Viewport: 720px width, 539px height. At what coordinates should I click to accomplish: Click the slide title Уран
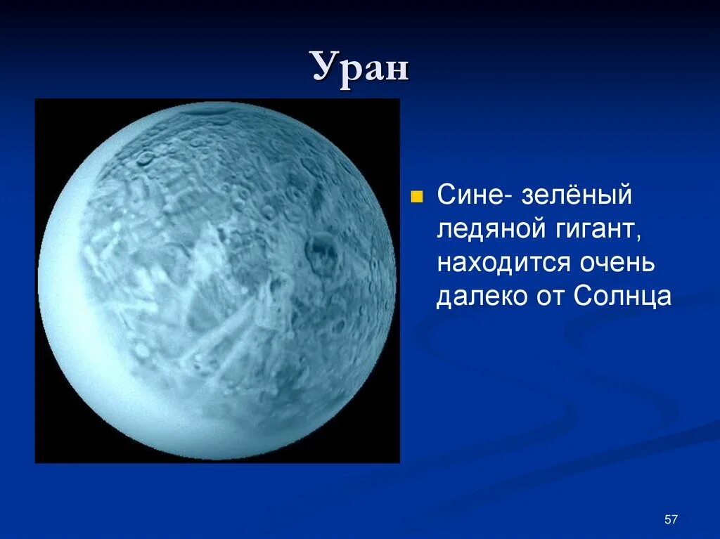click(x=361, y=68)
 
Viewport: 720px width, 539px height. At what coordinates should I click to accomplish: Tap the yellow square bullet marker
click(x=416, y=197)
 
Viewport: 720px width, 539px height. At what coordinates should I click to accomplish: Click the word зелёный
click(x=577, y=195)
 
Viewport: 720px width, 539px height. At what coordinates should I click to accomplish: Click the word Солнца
click(x=622, y=296)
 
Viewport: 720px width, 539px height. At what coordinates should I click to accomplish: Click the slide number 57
click(x=671, y=519)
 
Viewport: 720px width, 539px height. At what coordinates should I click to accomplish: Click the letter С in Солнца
click(x=584, y=296)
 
